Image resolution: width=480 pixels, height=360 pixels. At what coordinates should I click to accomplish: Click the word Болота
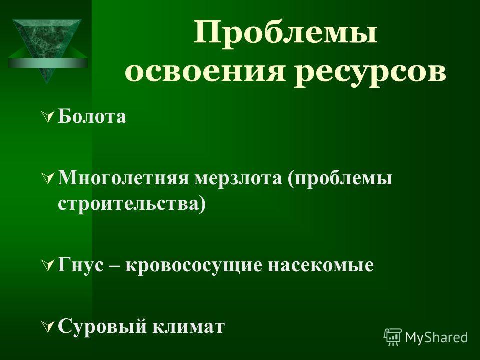[92, 116]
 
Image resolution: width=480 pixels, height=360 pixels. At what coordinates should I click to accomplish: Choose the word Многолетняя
[123, 178]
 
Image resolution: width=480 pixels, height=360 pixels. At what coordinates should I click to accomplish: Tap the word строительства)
[132, 204]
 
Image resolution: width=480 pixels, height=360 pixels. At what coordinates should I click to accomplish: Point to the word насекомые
[321, 265]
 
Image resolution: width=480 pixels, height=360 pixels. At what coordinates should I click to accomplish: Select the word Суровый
[102, 326]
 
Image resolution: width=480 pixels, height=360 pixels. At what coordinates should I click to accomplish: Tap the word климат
[188, 326]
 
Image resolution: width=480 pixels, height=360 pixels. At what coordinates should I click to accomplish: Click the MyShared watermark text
[436, 338]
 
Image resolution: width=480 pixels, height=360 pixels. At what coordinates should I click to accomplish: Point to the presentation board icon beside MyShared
[393, 337]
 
